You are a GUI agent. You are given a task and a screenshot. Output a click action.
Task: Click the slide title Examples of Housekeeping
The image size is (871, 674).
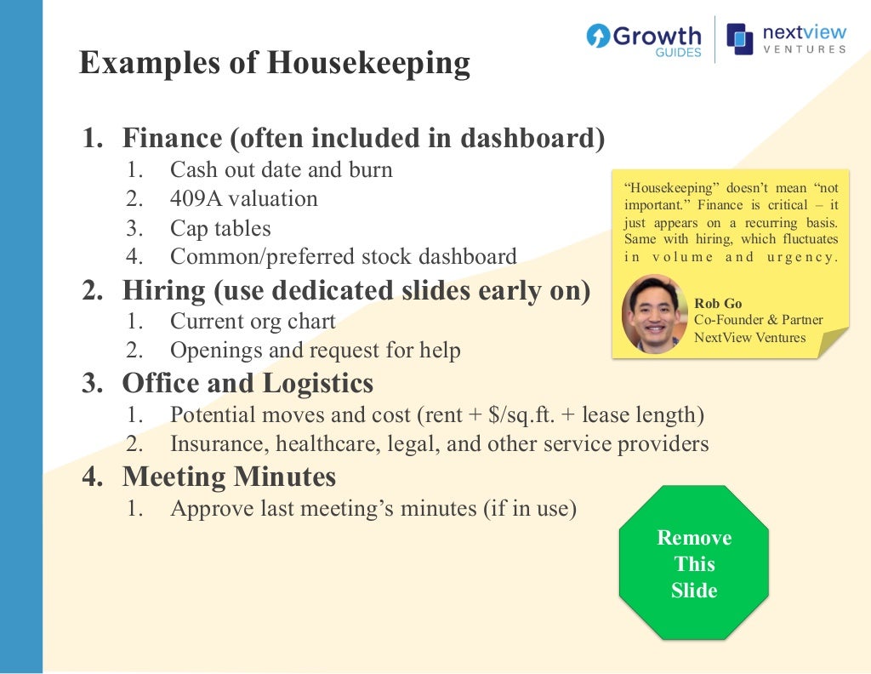[274, 64]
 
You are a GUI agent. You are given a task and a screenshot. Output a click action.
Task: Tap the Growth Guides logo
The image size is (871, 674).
[644, 39]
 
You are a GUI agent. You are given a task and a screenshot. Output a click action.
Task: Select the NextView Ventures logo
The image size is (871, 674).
[787, 39]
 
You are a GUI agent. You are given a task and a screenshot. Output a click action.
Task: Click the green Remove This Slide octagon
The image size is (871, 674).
[694, 563]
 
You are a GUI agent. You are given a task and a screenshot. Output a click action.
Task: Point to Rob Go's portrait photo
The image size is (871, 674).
[654, 313]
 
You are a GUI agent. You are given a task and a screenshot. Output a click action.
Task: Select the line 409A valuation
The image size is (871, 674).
[243, 199]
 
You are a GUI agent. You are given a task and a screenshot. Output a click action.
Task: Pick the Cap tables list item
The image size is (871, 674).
[220, 228]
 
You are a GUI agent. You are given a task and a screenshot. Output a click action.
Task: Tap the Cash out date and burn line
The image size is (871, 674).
[281, 169]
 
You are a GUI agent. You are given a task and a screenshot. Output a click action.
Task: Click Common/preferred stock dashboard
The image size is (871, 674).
[343, 256]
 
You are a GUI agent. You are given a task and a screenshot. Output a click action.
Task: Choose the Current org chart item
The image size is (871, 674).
[253, 322]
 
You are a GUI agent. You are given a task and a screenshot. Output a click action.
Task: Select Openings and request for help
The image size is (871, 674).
[316, 350]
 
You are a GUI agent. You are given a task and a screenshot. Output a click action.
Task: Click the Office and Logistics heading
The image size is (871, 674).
[248, 383]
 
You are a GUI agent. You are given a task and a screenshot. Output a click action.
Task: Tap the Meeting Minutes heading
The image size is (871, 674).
[229, 477]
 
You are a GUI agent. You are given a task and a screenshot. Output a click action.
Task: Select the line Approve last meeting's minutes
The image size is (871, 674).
[373, 509]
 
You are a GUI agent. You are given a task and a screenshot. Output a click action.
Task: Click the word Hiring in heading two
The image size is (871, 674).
[164, 290]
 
